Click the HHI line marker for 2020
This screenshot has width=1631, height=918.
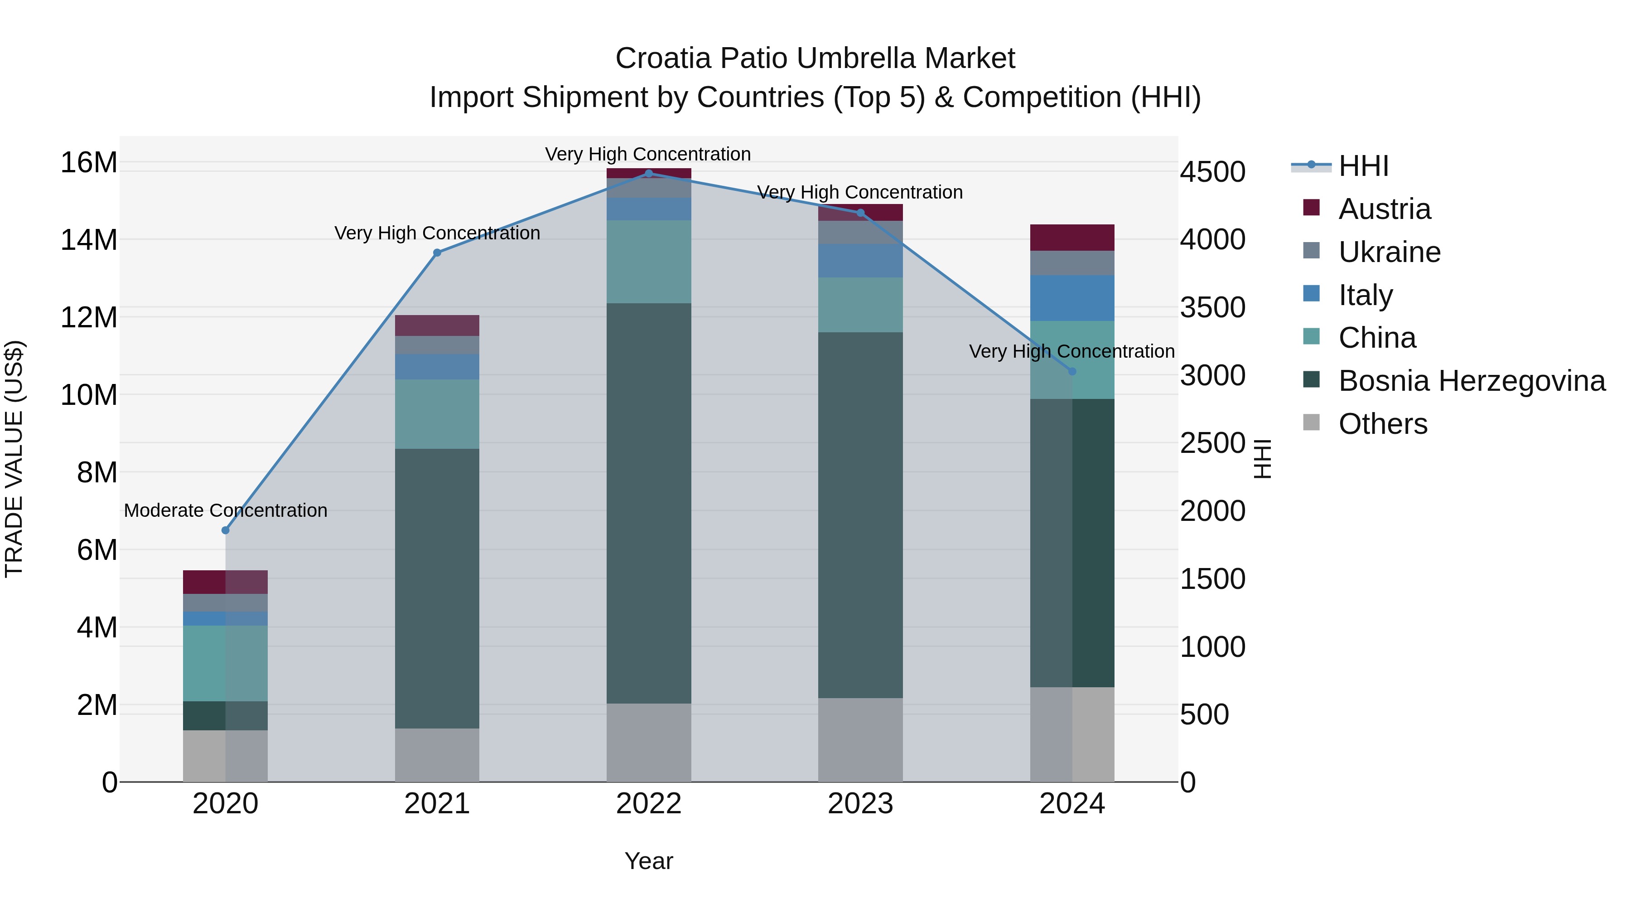point(226,530)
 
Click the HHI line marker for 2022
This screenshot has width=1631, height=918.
point(648,173)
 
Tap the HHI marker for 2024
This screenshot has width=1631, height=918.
point(1072,372)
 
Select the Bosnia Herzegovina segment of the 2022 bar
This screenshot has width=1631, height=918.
point(648,503)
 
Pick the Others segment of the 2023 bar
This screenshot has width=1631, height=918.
point(860,739)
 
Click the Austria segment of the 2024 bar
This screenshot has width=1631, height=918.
point(1072,238)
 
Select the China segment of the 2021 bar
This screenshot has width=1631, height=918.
point(437,414)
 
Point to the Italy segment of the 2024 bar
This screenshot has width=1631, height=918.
point(1072,298)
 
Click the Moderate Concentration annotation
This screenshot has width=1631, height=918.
point(226,510)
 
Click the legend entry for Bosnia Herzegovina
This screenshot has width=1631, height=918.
point(1472,381)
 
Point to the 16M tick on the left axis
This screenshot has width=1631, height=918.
point(89,163)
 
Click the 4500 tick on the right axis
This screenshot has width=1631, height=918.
point(1212,172)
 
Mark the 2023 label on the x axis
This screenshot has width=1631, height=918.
point(860,804)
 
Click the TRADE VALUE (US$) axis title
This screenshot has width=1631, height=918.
point(14,459)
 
